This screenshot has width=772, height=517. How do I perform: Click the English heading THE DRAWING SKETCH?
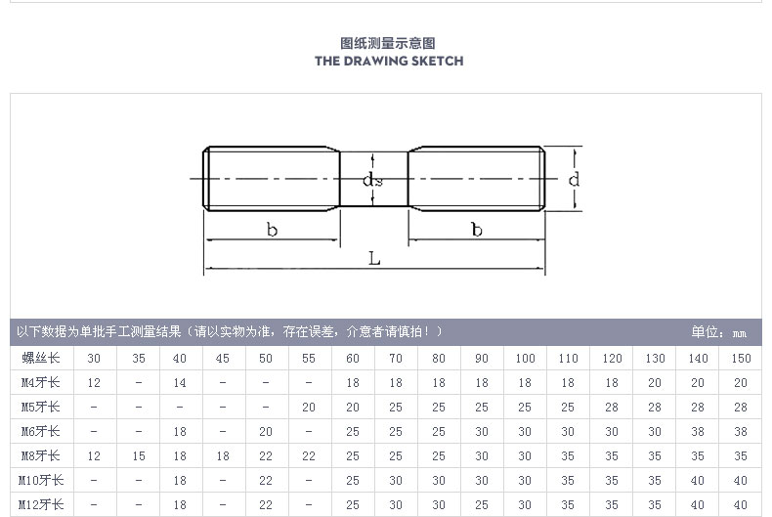(x=389, y=61)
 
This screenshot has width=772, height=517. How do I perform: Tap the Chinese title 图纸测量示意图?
(x=388, y=43)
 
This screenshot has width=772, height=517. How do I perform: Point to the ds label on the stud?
(x=372, y=180)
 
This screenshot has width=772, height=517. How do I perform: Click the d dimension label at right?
(x=574, y=179)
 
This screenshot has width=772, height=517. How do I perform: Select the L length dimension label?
(x=374, y=257)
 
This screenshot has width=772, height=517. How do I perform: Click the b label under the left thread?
(x=273, y=229)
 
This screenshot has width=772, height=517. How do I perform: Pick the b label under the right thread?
(x=477, y=229)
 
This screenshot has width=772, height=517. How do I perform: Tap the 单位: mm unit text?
(x=719, y=332)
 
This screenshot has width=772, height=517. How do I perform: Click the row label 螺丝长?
(x=41, y=358)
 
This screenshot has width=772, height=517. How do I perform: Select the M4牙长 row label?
(x=41, y=382)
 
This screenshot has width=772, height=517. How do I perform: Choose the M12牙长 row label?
(x=41, y=504)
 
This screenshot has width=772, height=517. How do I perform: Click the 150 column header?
(x=741, y=359)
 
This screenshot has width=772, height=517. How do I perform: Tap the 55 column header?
(x=309, y=359)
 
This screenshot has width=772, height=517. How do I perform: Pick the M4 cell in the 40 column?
(x=180, y=382)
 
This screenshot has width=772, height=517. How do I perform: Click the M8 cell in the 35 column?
(x=139, y=456)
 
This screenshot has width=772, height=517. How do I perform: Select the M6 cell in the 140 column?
(x=698, y=431)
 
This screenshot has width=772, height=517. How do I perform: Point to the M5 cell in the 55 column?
(x=309, y=408)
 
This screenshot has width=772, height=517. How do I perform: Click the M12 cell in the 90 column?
(x=482, y=504)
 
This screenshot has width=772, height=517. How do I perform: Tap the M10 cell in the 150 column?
(x=741, y=480)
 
